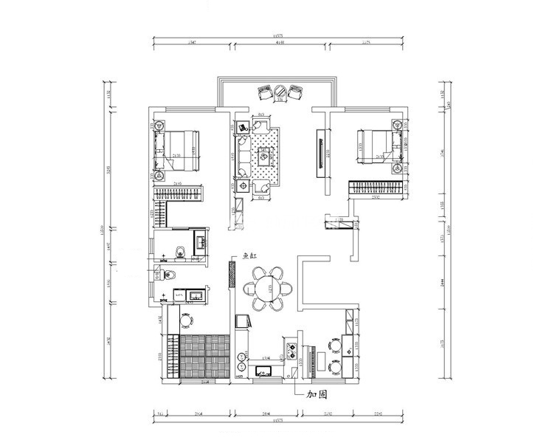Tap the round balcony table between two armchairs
click(280, 92)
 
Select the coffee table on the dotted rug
click(264, 156)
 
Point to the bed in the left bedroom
click(179, 151)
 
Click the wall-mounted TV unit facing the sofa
click(322, 154)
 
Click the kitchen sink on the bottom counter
click(264, 371)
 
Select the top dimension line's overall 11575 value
click(278, 35)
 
